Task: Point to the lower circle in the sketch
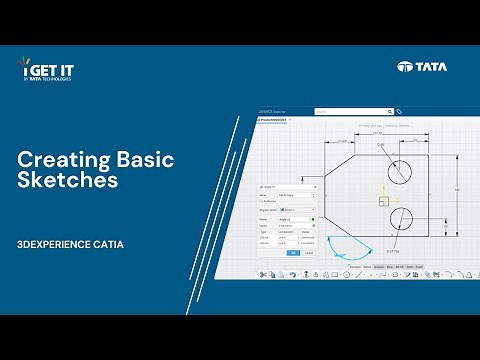coord(400,217)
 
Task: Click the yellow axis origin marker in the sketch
coord(384,200)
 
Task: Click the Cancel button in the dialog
coord(308,253)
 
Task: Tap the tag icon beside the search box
coord(399,111)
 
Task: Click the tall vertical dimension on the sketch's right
coord(456,189)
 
